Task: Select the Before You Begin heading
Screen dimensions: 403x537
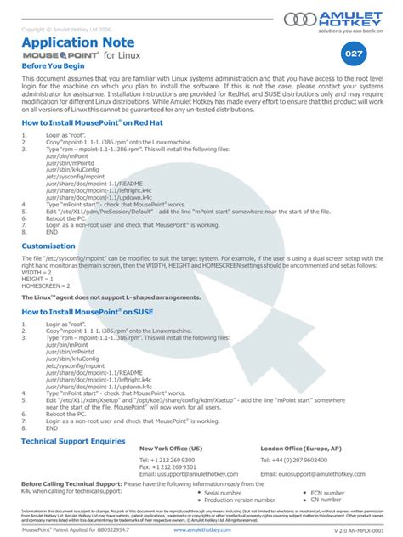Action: (53, 65)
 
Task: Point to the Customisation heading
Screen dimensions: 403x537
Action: (48, 246)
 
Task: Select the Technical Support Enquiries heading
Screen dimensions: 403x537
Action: (73, 441)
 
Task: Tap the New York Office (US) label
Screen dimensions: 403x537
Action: (171, 447)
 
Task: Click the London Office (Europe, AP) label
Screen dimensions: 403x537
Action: (301, 447)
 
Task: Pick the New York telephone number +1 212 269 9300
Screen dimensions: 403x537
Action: (167, 460)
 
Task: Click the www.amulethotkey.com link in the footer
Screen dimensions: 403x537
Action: (201, 529)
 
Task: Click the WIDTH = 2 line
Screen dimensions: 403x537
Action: (38, 273)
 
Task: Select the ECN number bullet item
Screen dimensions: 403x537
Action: (327, 492)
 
